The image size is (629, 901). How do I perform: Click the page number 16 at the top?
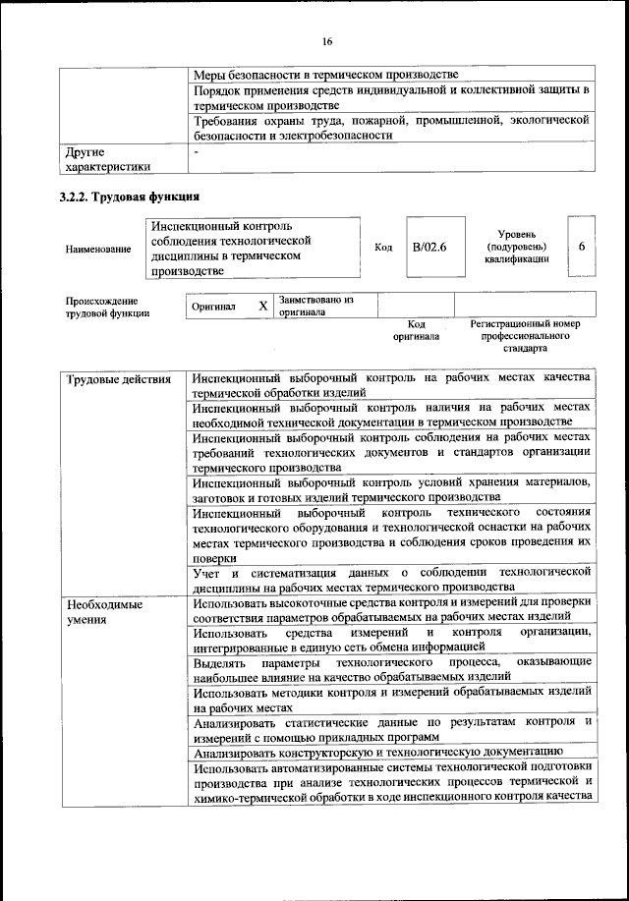pyautogui.click(x=326, y=41)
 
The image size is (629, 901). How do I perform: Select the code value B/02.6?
pyautogui.click(x=429, y=249)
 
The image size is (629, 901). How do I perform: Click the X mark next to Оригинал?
pyautogui.click(x=262, y=306)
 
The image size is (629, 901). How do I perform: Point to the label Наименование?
pyautogui.click(x=98, y=250)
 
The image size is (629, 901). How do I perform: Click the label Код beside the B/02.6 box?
pyautogui.click(x=383, y=248)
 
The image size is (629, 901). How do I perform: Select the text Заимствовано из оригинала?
pyautogui.click(x=315, y=305)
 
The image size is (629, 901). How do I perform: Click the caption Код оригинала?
pyautogui.click(x=416, y=330)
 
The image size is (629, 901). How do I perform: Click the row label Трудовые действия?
pyautogui.click(x=118, y=379)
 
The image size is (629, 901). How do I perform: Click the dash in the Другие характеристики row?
pyautogui.click(x=197, y=152)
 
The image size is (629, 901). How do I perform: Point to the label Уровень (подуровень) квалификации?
pyautogui.click(x=516, y=247)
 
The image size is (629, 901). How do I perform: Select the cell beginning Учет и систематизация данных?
pyautogui.click(x=391, y=579)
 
